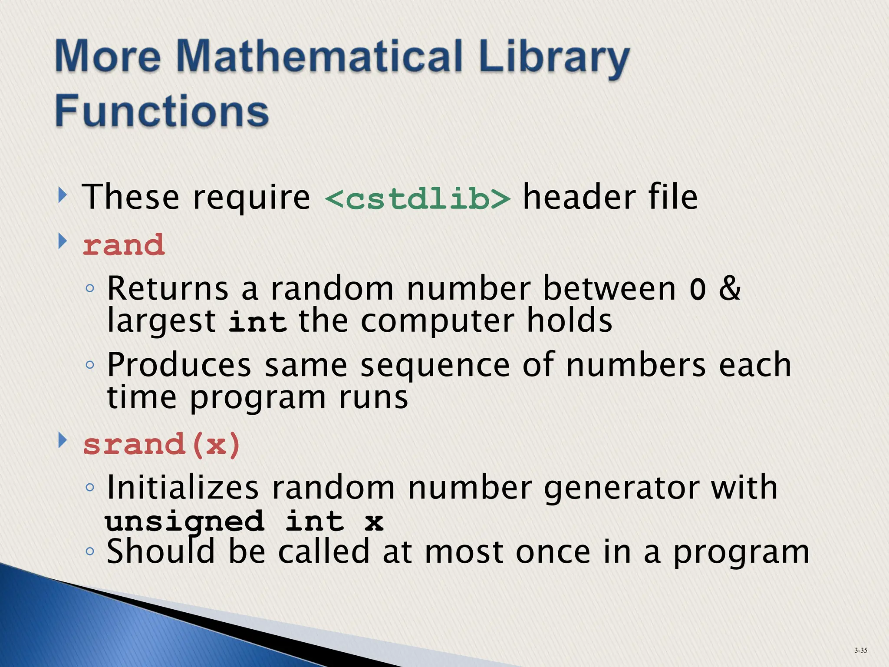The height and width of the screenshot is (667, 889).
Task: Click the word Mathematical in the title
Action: click(320, 56)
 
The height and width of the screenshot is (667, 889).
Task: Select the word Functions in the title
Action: click(162, 111)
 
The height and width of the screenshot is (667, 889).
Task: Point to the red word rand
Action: click(124, 245)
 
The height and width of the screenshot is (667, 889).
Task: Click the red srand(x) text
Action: click(161, 445)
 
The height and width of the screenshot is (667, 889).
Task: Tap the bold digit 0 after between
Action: click(698, 290)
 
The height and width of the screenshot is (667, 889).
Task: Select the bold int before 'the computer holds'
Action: click(257, 322)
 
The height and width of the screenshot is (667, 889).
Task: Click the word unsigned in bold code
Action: click(184, 522)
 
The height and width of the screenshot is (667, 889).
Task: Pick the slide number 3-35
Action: click(860, 650)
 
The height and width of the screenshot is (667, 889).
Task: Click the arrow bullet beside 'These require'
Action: click(63, 195)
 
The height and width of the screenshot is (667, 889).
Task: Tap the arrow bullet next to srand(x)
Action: click(63, 440)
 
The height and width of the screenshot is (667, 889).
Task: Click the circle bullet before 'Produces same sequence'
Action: click(90, 365)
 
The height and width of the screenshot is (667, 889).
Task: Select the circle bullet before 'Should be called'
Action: click(90, 551)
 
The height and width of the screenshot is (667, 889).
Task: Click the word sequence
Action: click(435, 366)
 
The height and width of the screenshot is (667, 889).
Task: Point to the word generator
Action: click(621, 489)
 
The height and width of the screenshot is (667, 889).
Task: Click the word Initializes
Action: click(183, 488)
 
